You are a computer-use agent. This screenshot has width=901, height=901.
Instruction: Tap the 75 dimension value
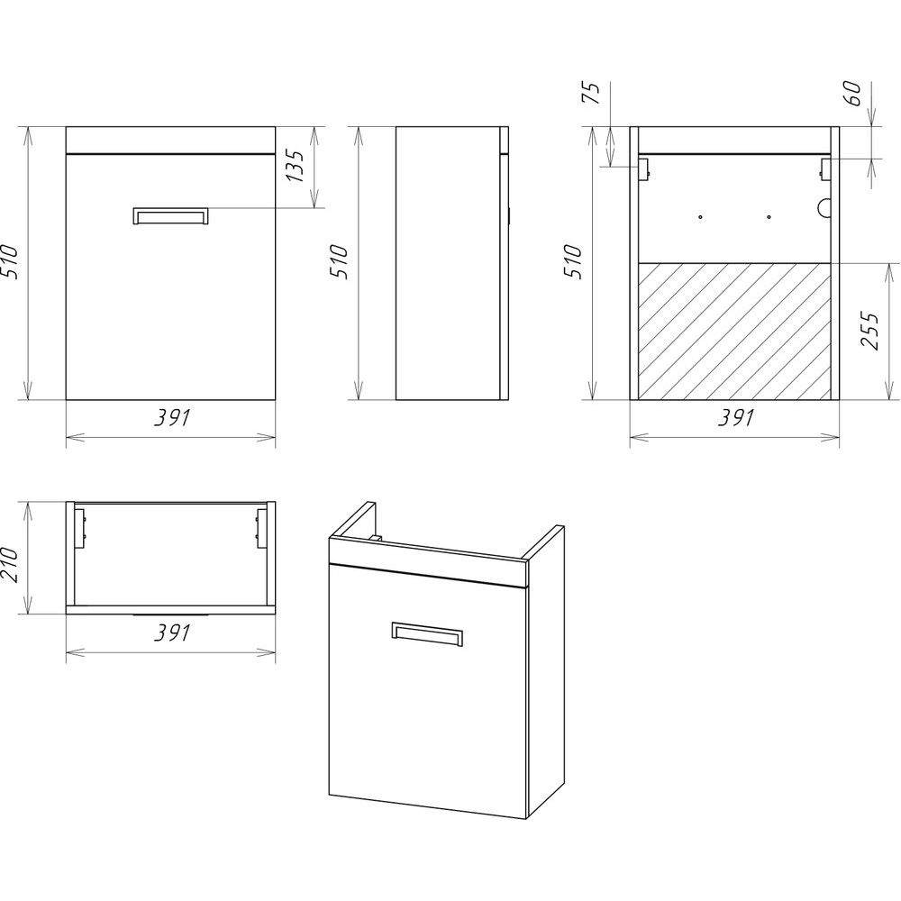[x=591, y=93]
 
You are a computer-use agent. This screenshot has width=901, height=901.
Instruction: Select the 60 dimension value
[x=853, y=93]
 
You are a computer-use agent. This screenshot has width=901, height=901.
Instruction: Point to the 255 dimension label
[x=870, y=331]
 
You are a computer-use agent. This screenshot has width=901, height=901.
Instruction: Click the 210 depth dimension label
[x=10, y=564]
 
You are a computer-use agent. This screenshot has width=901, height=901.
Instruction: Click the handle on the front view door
[x=170, y=215]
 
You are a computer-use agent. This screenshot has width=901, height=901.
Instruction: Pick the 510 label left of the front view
[x=10, y=262]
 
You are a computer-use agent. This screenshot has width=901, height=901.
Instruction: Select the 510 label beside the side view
[x=339, y=262]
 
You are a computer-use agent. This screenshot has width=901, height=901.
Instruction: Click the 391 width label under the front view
[x=171, y=418]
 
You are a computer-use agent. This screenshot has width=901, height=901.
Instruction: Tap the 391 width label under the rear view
[x=735, y=418]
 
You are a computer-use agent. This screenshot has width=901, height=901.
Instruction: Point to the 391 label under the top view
[x=171, y=633]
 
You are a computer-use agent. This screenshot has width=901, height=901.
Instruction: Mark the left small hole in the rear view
[x=700, y=217]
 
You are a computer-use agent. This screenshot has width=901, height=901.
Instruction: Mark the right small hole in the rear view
[x=769, y=217]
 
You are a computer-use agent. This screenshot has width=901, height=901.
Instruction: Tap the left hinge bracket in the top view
[x=80, y=527]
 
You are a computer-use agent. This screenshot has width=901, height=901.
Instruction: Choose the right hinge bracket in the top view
[x=262, y=527]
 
